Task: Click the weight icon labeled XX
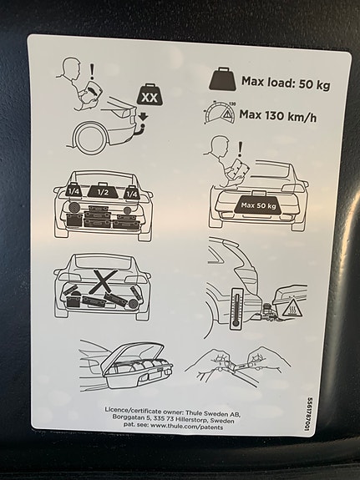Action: [150, 95]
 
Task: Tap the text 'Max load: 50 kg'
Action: [286, 83]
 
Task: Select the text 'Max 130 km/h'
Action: [277, 116]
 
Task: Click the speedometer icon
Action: [220, 113]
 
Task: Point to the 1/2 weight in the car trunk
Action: [103, 191]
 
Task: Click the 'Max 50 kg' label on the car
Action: [258, 205]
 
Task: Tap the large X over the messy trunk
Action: [105, 280]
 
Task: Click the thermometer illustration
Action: [236, 309]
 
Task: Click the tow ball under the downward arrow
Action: [143, 127]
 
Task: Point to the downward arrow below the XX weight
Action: [143, 117]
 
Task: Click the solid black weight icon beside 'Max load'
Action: [223, 79]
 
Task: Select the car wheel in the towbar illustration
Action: [89, 137]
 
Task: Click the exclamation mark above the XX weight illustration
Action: [92, 71]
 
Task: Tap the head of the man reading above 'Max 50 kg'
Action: [221, 145]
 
